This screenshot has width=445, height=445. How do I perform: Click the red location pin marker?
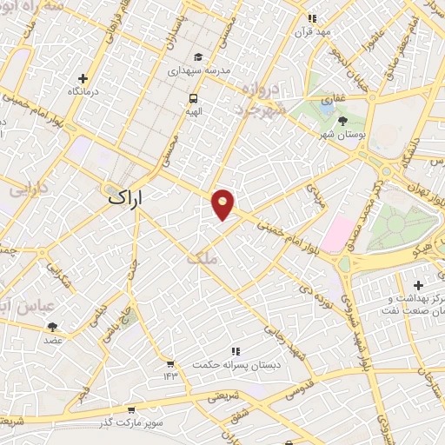coord(223,203)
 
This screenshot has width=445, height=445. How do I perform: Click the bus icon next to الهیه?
coord(192,98)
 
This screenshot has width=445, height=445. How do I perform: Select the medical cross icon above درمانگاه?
coord(83,78)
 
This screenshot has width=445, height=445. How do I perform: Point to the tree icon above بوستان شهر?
coord(342,120)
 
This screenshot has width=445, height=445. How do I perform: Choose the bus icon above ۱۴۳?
coord(170,362)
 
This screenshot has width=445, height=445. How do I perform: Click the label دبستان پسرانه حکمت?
coord(235,364)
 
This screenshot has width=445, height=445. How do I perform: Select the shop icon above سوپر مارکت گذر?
coord(131,409)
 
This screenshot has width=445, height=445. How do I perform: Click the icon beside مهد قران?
coord(312,17)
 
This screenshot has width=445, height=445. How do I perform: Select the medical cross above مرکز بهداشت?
coord(418,284)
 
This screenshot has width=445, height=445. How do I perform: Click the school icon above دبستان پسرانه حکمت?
coord(235,351)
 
